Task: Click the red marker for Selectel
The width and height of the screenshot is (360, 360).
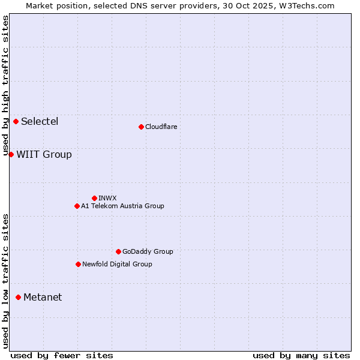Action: (16, 121)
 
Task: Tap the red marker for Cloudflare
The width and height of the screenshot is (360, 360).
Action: (141, 127)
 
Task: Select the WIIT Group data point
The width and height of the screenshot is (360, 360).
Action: (11, 154)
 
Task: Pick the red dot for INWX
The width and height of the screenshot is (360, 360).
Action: (94, 198)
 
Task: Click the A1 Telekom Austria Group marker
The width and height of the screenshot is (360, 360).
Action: (77, 206)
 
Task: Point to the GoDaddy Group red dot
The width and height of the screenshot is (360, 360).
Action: (118, 251)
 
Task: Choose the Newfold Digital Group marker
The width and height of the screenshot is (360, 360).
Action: (78, 264)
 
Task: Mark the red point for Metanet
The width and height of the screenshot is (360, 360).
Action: (18, 297)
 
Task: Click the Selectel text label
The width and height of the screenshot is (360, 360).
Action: (40, 122)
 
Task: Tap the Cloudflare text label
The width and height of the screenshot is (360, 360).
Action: (161, 127)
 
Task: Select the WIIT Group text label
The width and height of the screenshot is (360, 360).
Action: (44, 155)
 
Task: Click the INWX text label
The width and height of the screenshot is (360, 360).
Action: (107, 198)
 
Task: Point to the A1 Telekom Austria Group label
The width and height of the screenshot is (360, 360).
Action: (122, 206)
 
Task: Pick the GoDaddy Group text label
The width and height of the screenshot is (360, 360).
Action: (148, 251)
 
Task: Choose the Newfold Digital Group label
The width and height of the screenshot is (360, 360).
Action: (117, 264)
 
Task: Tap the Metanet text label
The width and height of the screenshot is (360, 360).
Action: (43, 298)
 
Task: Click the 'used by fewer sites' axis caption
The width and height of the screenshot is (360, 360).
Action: (62, 355)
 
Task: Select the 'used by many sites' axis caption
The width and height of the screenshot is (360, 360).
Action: (301, 355)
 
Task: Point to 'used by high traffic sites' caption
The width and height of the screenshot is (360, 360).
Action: (5, 86)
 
